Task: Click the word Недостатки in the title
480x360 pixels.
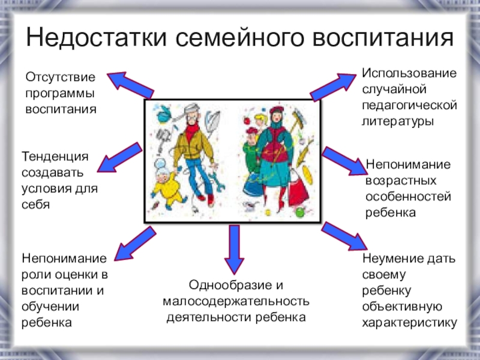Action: (95, 38)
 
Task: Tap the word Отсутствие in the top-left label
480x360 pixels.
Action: (60, 78)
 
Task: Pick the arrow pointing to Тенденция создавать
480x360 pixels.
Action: (119, 157)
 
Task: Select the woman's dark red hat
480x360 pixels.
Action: (275, 111)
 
